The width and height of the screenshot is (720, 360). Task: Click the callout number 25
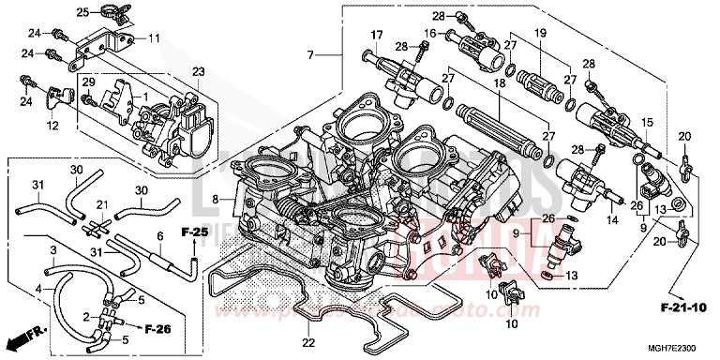(82, 12)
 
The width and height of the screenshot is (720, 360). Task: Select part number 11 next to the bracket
(155, 38)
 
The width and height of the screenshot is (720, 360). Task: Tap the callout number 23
(198, 71)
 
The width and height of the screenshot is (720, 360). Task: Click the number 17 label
(376, 36)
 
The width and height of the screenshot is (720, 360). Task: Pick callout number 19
(539, 33)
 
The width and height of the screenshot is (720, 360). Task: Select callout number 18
(500, 83)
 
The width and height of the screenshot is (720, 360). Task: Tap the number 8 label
(216, 199)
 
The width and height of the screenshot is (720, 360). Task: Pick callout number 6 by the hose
(160, 236)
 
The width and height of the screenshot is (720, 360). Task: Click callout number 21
(101, 204)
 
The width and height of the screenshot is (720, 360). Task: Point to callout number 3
(52, 251)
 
